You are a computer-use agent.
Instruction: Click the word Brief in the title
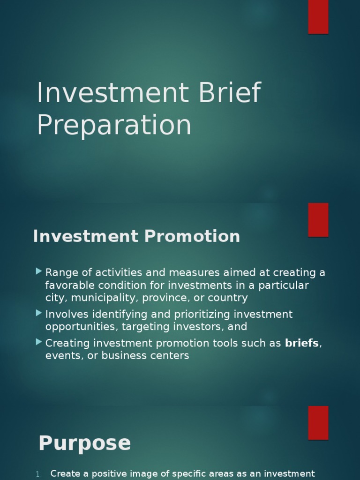click(x=229, y=93)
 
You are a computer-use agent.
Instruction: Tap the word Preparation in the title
click(x=114, y=125)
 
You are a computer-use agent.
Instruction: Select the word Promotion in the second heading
click(x=192, y=236)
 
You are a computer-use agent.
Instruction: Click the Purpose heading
click(x=84, y=443)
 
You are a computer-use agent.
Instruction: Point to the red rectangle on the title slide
click(x=318, y=17)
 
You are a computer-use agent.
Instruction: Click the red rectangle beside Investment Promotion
click(x=318, y=219)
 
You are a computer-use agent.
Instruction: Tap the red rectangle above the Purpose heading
click(x=318, y=422)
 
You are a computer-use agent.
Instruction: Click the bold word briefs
click(x=302, y=343)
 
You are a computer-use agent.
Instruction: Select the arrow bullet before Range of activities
click(x=38, y=271)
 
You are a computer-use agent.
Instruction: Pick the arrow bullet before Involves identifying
click(x=38, y=313)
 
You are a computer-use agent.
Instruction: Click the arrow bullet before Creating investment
click(x=38, y=342)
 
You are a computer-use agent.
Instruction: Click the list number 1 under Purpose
click(x=39, y=474)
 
